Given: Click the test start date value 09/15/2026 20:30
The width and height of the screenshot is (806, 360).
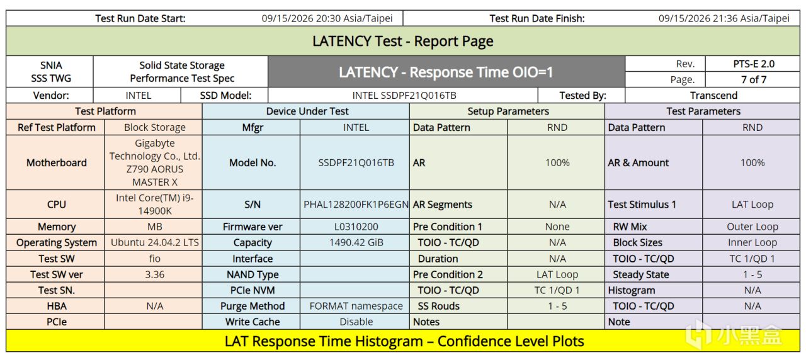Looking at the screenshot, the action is [x=327, y=18].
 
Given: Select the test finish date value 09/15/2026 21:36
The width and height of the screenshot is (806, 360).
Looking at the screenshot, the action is [x=724, y=18].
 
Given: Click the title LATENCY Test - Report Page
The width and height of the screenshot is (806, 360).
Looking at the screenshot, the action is [x=402, y=41].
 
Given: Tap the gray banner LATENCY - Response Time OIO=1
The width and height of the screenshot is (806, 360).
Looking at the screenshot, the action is [x=446, y=72].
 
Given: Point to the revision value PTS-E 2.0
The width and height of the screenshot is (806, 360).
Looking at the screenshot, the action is [x=754, y=64].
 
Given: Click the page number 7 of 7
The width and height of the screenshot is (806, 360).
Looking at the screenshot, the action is [x=754, y=79].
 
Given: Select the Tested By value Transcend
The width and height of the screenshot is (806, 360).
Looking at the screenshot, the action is [x=713, y=95].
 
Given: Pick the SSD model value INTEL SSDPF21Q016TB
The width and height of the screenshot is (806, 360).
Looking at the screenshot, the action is [x=404, y=95].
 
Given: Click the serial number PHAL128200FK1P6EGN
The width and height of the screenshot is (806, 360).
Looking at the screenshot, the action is [x=356, y=205].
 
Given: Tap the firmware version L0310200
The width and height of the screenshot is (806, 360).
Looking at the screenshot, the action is [x=356, y=227].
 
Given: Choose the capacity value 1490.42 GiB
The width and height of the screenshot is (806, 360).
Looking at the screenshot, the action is [x=356, y=242].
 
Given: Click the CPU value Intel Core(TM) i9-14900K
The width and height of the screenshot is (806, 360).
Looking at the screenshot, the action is [x=155, y=205].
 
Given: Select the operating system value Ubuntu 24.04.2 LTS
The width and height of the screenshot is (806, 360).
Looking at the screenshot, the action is [x=155, y=242].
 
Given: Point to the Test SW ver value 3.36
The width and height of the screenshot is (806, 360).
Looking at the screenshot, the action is [x=155, y=274].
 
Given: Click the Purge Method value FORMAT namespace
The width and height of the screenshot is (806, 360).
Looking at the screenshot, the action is [x=356, y=306].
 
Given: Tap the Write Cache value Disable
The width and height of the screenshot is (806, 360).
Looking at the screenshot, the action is [x=356, y=322].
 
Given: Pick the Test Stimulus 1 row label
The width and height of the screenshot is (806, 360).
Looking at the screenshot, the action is [x=642, y=205].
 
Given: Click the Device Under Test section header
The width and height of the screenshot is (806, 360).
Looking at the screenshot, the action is [x=307, y=111].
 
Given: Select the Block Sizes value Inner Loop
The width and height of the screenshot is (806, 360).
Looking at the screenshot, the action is [x=752, y=242].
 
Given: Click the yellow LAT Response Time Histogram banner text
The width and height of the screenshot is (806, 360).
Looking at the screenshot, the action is [x=404, y=341].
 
